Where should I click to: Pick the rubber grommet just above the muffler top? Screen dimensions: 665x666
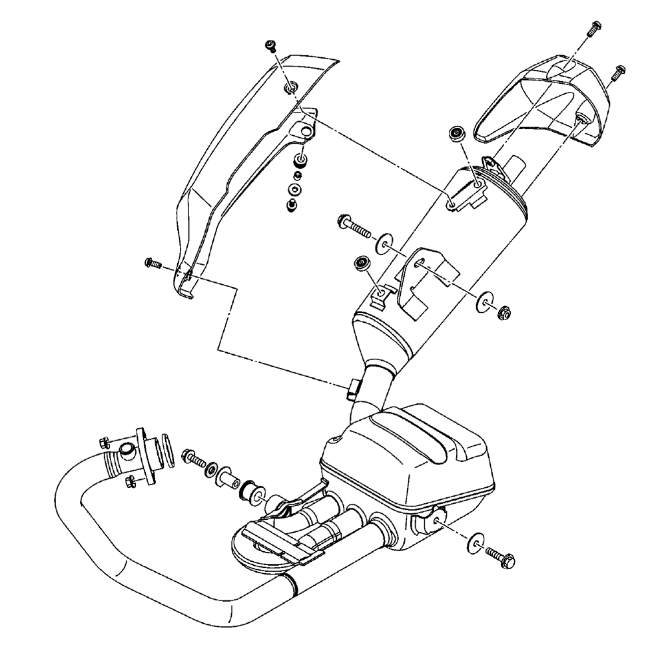pyautogui.click(x=457, y=133)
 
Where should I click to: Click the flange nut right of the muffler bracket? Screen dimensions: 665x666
pyautogui.click(x=503, y=310)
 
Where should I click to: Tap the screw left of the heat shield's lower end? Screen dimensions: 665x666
pyautogui.click(x=153, y=264)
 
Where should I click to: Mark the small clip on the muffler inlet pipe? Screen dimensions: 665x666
pyautogui.click(x=353, y=389)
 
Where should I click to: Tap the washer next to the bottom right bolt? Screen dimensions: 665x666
pyautogui.click(x=477, y=543)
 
